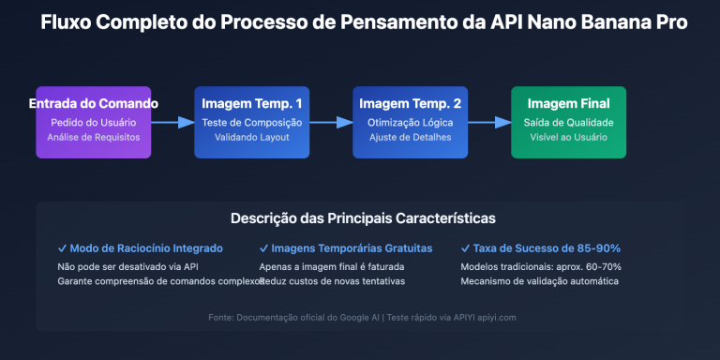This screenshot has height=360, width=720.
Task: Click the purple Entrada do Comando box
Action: pyautogui.click(x=93, y=122)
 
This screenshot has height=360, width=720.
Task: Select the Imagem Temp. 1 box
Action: pyautogui.click(x=251, y=122)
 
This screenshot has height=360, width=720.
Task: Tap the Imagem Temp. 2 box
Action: pyautogui.click(x=410, y=122)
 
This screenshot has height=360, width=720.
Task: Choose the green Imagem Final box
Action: pyautogui.click(x=568, y=122)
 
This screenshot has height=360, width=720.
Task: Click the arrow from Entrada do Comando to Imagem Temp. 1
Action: pyautogui.click(x=172, y=122)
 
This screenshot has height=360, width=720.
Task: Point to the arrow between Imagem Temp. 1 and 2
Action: pyautogui.click(x=331, y=122)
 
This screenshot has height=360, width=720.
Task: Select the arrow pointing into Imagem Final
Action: pyautogui.click(x=489, y=122)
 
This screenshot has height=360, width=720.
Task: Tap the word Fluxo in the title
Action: pyautogui.click(x=67, y=22)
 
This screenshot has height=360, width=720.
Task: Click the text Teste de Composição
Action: pyautogui.click(x=251, y=122)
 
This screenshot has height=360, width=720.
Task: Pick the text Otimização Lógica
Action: pyautogui.click(x=410, y=122)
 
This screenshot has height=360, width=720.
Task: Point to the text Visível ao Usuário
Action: pyautogui.click(x=568, y=138)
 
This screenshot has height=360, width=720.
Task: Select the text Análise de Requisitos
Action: pyautogui.click(x=93, y=138)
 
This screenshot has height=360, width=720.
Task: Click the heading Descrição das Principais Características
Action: pyautogui.click(x=363, y=218)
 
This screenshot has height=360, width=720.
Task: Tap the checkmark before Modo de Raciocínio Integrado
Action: pyautogui.click(x=62, y=248)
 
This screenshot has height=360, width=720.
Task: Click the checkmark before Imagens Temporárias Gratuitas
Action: pyautogui.click(x=263, y=248)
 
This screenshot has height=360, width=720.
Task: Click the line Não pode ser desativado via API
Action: pyautogui.click(x=127, y=266)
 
